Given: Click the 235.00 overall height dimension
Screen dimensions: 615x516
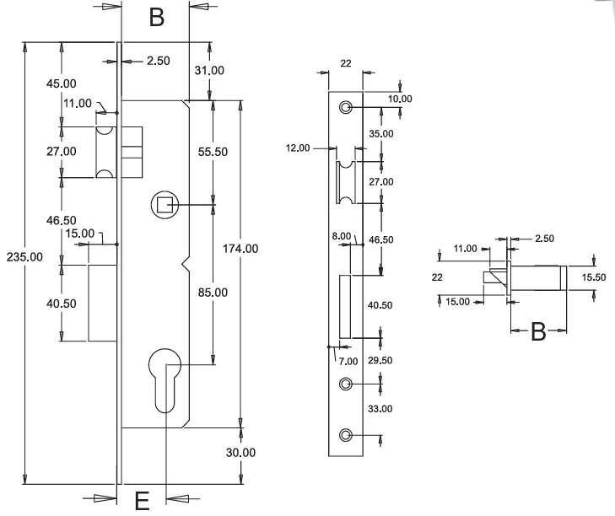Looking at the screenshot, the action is click(x=24, y=257).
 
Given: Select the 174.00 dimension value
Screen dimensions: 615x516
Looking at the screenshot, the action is click(x=240, y=249).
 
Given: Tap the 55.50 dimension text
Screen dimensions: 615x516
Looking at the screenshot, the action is click(x=213, y=152).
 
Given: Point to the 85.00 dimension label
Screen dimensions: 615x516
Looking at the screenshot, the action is click(x=213, y=293).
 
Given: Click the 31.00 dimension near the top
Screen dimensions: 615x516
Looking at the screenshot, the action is click(x=209, y=71).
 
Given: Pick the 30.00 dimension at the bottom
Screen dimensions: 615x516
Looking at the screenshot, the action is click(x=240, y=453).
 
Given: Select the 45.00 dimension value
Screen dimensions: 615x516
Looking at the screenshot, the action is click(x=62, y=83).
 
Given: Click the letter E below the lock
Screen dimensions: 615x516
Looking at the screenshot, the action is click(x=142, y=501).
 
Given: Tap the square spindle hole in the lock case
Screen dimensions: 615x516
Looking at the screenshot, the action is click(x=165, y=205).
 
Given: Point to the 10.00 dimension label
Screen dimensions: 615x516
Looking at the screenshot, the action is click(x=400, y=99).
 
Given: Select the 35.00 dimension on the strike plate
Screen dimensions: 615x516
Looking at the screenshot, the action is click(x=381, y=134).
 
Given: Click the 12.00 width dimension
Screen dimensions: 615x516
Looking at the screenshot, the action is click(x=298, y=148).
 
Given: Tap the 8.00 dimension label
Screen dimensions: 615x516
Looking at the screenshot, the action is click(x=342, y=236).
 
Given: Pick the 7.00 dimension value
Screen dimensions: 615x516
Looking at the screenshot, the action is click(x=348, y=361).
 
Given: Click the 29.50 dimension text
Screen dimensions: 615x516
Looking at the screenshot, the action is click(x=380, y=360).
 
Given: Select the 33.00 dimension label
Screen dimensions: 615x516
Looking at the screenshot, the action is click(x=380, y=409).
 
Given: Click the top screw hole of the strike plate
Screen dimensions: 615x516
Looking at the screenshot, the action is click(x=345, y=107).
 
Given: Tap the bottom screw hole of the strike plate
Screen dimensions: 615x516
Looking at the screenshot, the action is click(x=345, y=435).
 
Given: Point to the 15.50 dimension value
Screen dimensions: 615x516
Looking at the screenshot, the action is click(x=594, y=277).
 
